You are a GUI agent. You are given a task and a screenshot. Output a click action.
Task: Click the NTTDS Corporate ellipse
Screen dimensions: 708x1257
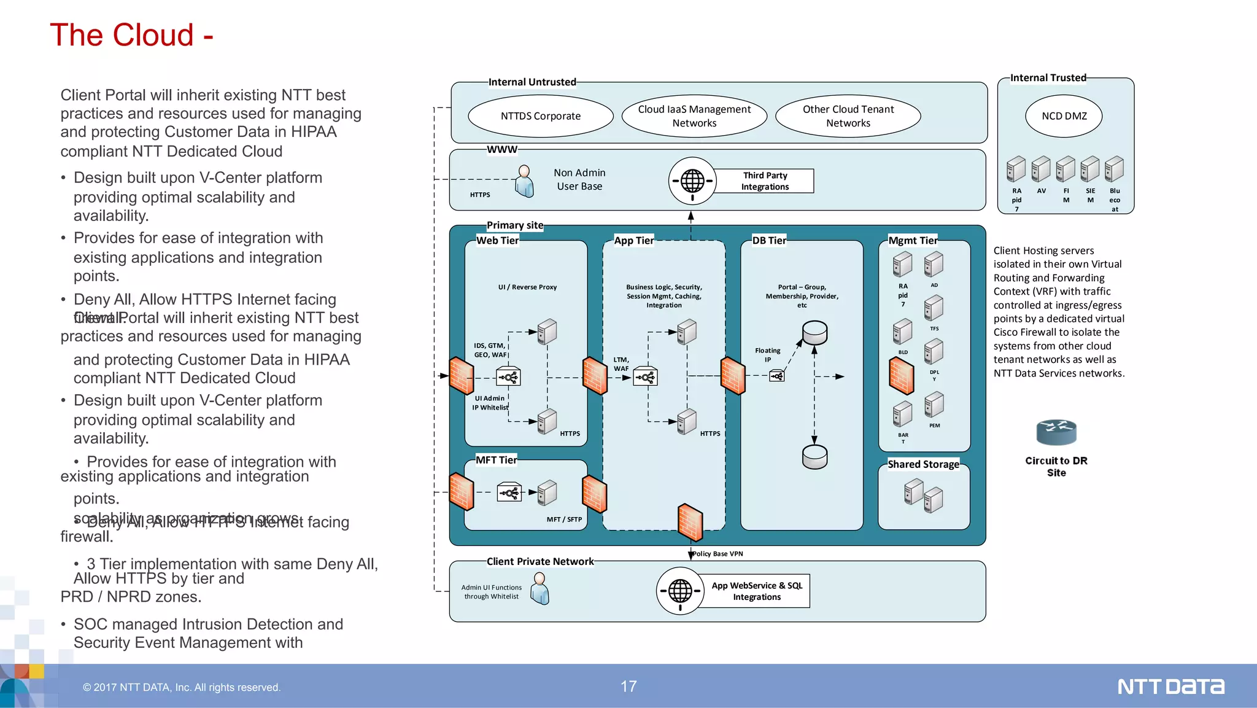(x=540, y=116)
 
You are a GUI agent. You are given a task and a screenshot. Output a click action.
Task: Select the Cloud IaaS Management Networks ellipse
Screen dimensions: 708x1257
(x=694, y=116)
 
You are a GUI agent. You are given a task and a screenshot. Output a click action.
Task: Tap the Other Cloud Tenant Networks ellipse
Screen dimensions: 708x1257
(x=848, y=116)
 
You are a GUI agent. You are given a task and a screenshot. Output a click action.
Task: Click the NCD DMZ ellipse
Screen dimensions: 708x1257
(x=1064, y=116)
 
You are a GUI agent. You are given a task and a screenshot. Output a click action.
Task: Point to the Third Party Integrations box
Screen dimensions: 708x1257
(x=765, y=181)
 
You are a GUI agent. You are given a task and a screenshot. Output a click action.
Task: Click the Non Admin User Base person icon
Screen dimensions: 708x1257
(x=524, y=181)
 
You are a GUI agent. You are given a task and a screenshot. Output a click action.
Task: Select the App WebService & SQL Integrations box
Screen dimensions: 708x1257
(x=757, y=591)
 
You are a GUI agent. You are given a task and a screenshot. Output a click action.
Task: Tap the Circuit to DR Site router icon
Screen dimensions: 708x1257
(x=1056, y=432)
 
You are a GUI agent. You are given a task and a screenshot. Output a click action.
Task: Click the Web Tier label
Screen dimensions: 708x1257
(x=497, y=241)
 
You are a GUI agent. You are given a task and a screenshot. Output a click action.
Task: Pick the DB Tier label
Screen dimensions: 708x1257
(x=769, y=241)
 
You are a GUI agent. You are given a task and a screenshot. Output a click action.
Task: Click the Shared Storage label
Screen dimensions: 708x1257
(x=923, y=464)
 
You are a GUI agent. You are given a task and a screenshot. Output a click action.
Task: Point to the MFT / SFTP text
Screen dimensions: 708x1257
(x=564, y=519)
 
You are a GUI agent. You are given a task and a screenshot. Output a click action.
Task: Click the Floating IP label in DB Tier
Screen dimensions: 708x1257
(x=768, y=355)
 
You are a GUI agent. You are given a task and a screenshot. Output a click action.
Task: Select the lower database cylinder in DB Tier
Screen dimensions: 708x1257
(x=814, y=457)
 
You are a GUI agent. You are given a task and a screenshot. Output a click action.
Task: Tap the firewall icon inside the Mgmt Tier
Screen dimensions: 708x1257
(x=902, y=375)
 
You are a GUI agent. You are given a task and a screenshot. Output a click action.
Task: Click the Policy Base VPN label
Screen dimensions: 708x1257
(x=717, y=554)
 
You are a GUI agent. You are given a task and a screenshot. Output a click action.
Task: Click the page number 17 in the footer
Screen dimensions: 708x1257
(x=628, y=687)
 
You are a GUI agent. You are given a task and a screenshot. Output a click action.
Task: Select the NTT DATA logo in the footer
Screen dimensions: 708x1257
(x=1170, y=687)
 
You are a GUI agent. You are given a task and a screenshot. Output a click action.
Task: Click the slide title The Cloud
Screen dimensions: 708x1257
(x=131, y=35)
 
